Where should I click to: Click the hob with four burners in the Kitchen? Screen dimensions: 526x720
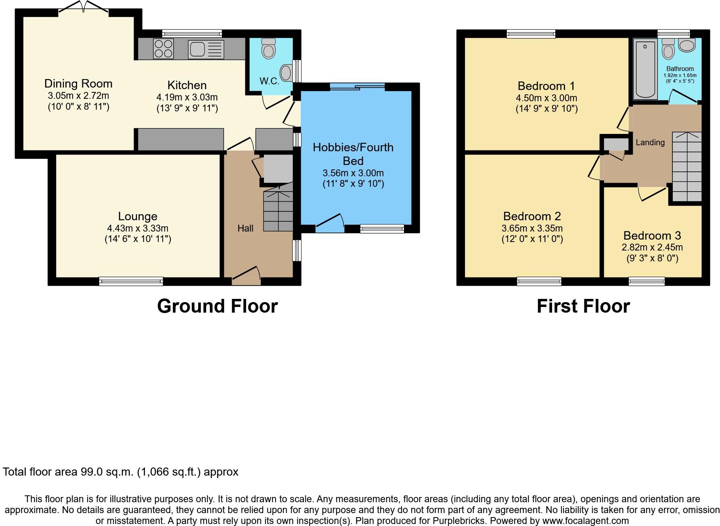point(163,49)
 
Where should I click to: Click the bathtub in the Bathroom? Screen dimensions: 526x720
point(645,69)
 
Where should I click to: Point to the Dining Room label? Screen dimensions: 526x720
point(78,83)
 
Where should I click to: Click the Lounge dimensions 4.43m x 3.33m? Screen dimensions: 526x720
point(138,228)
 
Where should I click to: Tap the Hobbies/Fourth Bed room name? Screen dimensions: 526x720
point(353,154)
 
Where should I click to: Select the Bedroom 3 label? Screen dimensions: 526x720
point(652,235)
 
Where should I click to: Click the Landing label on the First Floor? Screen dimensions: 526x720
point(650,142)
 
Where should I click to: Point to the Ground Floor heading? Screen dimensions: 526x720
point(217,306)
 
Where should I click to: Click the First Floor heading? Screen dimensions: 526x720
point(583,306)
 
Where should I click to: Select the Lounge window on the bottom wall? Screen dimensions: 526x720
point(131,281)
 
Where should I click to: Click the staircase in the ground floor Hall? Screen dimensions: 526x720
point(278,210)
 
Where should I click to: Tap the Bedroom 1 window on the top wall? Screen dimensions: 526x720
point(531,34)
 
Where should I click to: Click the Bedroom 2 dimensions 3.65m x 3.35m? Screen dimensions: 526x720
point(532,228)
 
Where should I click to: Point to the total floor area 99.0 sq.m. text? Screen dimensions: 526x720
point(121,472)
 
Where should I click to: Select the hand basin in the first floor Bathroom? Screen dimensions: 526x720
point(687,45)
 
